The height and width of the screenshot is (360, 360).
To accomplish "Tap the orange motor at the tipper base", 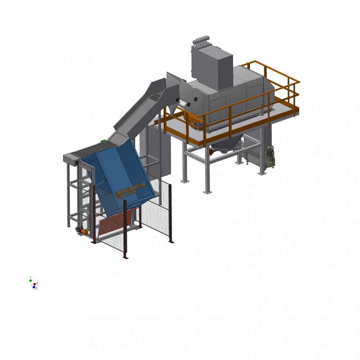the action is [x=84, y=232].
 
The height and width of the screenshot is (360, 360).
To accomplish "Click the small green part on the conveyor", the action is [x=103, y=140].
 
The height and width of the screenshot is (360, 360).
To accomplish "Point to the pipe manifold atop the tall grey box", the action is [x=201, y=40].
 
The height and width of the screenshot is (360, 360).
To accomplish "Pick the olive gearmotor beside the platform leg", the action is [x=270, y=157].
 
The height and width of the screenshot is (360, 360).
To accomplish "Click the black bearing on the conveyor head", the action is [x=177, y=100].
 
